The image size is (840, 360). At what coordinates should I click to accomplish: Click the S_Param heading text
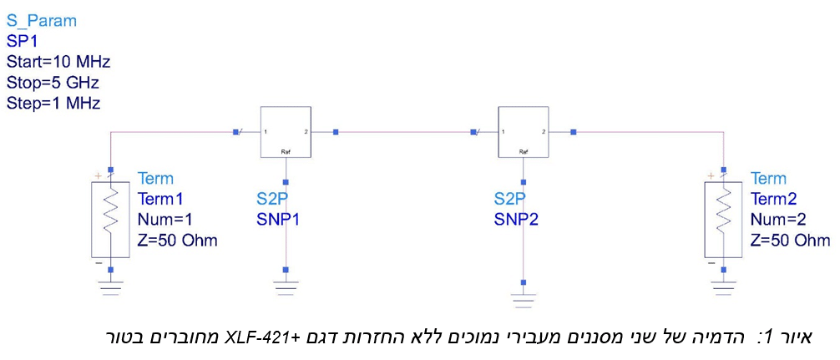click(41, 20)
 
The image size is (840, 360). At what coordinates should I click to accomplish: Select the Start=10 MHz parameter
click(58, 62)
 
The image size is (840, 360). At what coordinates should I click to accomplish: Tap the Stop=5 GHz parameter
click(53, 83)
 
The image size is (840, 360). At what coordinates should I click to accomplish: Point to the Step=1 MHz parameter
click(53, 104)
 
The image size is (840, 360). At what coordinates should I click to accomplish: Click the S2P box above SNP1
click(286, 132)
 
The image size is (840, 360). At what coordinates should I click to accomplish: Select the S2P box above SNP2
click(524, 132)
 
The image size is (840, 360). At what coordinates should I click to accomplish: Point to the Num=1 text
click(165, 220)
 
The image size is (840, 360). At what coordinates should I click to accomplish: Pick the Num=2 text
click(779, 220)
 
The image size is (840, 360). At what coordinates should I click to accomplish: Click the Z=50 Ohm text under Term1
click(177, 241)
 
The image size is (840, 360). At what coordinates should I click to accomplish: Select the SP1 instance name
click(23, 41)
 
